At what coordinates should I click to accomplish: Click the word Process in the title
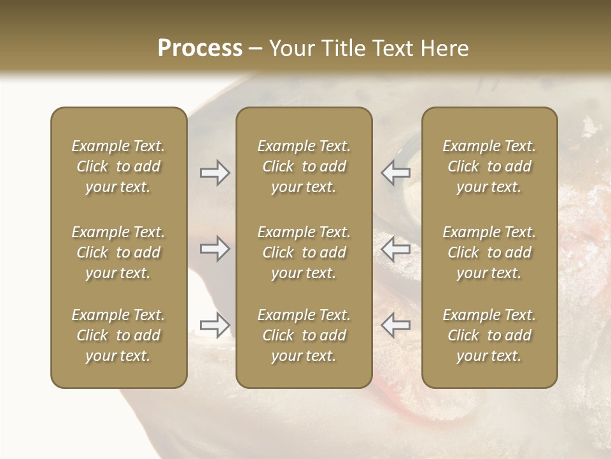coord(200,48)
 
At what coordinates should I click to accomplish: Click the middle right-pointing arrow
coord(215,249)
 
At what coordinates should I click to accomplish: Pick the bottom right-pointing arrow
coord(215,325)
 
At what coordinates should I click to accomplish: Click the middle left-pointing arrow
coord(395,249)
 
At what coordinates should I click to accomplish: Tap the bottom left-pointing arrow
coord(395,325)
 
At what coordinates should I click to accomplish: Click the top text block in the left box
coord(118,166)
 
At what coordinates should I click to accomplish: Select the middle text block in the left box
coord(118,252)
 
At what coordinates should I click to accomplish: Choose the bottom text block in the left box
coord(118,335)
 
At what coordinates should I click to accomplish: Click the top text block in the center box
coord(304,166)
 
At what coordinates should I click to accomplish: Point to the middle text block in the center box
coord(304,252)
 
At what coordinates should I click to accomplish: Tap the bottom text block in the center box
coord(304,335)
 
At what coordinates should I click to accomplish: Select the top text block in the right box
coord(489,166)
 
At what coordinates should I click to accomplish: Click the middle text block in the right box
coord(489,252)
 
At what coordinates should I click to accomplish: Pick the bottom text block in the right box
coord(489,335)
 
